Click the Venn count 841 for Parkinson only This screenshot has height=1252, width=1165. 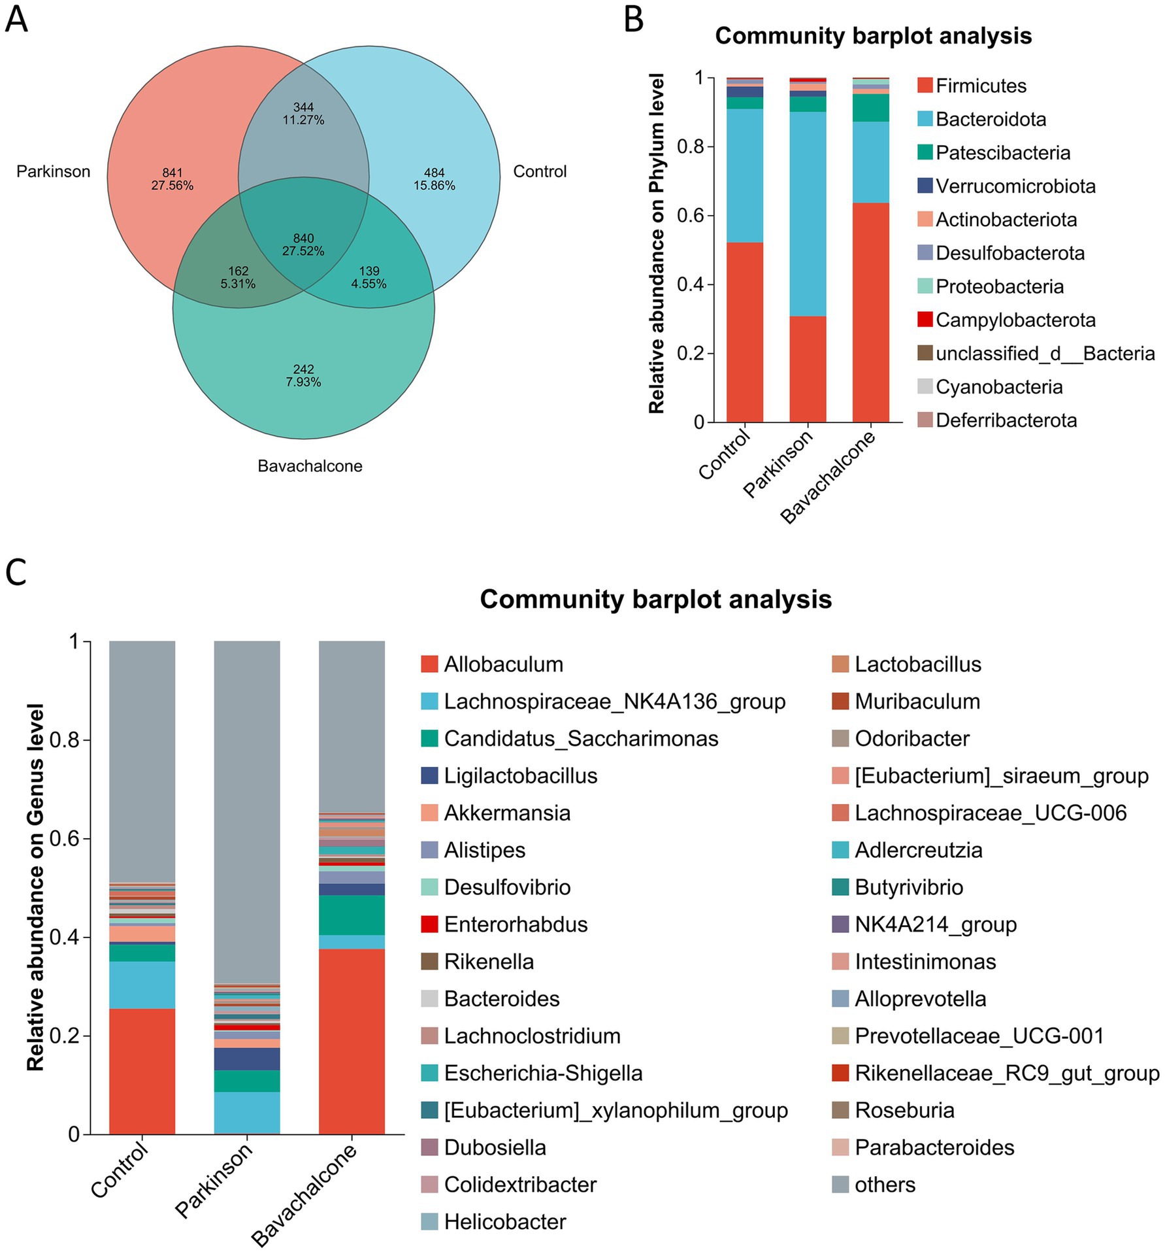[172, 173]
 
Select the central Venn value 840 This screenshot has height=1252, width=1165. [303, 239]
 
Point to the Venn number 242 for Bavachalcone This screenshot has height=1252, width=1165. [303, 369]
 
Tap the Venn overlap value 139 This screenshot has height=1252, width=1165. [369, 271]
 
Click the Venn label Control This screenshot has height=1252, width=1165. [540, 172]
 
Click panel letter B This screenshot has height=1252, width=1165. [634, 20]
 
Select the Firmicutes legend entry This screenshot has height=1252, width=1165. [981, 86]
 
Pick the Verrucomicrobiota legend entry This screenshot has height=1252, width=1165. [1015, 186]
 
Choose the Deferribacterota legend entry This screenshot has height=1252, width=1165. [1006, 420]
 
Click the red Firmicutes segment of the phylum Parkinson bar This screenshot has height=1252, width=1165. [808, 369]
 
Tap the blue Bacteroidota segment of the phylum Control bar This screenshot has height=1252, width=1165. [745, 175]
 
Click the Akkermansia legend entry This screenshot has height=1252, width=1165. [507, 813]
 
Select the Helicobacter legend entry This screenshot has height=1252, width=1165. [504, 1221]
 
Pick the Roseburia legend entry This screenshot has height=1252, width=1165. [904, 1110]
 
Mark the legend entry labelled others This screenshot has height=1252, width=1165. [885, 1184]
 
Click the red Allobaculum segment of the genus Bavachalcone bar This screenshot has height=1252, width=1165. [352, 1041]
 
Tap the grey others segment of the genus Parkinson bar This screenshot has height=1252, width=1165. [247, 811]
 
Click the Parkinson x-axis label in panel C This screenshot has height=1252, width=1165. [214, 1180]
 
